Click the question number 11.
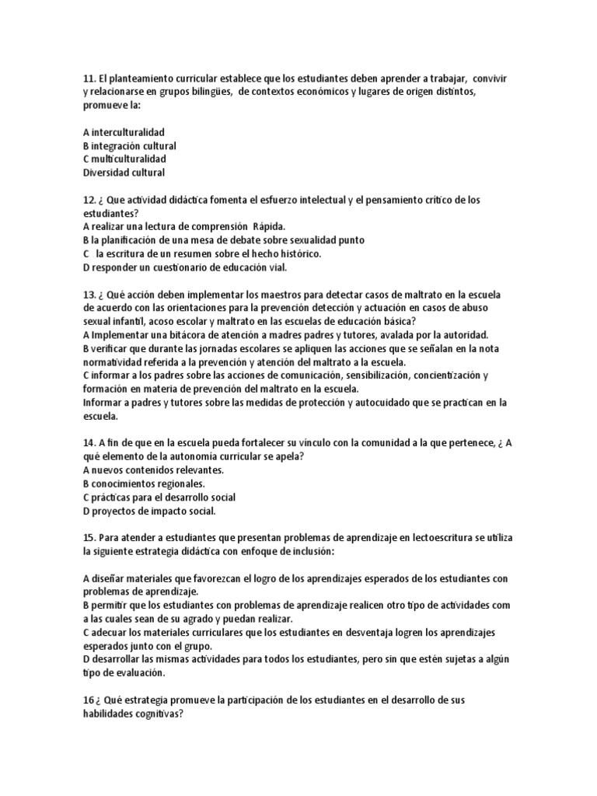pyautogui.click(x=89, y=80)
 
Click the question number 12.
pyautogui.click(x=89, y=200)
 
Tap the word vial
pyautogui.click(x=276, y=267)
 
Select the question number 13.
pyautogui.click(x=89, y=294)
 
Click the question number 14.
pyautogui.click(x=89, y=442)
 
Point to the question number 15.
pyautogui.click(x=89, y=537)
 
